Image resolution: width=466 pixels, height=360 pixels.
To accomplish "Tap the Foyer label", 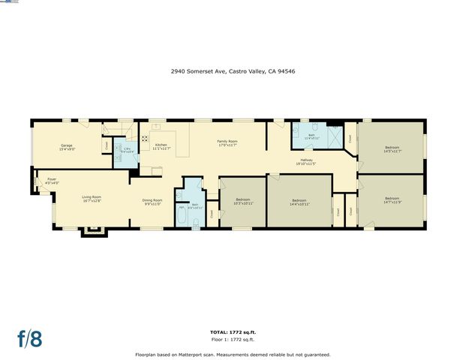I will (51, 181).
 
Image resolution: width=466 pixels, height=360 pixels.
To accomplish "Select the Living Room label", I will (92, 199).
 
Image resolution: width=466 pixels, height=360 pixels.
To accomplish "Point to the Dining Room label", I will (152, 202).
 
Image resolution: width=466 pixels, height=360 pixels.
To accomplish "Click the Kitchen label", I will (161, 146).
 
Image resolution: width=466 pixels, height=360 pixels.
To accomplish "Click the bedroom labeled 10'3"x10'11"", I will (243, 202).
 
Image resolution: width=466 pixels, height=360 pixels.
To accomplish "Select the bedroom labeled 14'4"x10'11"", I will (299, 202).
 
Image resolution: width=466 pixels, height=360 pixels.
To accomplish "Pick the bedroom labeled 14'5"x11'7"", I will (393, 149).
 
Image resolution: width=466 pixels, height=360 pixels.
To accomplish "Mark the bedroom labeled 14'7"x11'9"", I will (393, 200).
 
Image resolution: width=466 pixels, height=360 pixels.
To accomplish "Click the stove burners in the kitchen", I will (145, 138).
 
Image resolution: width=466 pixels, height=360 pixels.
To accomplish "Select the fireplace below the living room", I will (92, 230).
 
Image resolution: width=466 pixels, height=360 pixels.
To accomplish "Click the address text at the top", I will (233, 72).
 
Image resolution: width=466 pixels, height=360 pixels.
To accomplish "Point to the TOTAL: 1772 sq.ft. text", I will (233, 331).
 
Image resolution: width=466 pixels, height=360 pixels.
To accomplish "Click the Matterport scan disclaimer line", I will (233, 354).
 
